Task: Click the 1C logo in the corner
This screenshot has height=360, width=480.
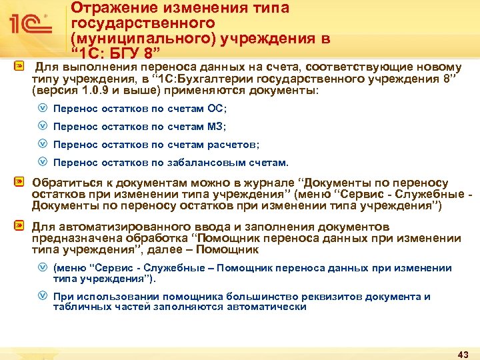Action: (x=29, y=25)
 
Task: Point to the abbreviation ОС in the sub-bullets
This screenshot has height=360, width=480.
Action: (x=217, y=109)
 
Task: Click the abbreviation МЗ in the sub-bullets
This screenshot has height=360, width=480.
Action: (x=217, y=127)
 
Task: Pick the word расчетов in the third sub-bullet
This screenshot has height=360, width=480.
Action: (x=233, y=145)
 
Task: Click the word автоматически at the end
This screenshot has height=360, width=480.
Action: (x=268, y=307)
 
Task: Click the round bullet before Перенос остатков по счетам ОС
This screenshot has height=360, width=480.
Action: (x=42, y=109)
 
